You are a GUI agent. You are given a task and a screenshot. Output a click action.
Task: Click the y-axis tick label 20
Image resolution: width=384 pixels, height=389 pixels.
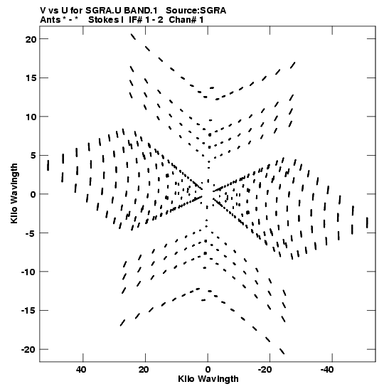31,39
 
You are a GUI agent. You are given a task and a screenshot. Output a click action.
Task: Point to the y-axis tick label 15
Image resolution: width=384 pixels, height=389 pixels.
31,78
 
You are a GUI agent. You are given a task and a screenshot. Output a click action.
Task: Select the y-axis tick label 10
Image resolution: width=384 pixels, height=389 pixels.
31,117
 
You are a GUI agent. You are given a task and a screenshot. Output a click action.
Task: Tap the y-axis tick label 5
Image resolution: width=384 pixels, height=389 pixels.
33,156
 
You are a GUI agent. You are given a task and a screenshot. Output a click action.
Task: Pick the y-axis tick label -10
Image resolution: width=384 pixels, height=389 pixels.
29,272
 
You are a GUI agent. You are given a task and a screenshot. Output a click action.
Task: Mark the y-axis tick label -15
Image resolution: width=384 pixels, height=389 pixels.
29,311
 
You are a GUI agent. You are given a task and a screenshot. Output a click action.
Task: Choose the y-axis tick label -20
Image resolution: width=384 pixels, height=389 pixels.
29,350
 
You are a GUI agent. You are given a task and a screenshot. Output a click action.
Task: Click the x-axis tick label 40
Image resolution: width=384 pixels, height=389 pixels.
81,370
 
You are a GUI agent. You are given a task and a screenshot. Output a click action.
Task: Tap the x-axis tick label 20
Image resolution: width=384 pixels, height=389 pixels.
144,370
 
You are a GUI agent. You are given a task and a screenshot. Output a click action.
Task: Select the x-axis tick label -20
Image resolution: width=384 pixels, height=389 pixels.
265,370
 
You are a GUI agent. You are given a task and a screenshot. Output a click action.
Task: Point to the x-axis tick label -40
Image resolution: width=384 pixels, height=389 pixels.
327,370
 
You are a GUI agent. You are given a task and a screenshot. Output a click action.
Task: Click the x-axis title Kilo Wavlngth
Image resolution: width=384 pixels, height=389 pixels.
208,379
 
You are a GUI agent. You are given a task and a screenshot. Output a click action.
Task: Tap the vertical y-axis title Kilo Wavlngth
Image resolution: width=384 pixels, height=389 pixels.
14,193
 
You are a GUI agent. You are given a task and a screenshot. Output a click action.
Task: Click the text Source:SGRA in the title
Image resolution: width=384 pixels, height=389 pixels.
196,11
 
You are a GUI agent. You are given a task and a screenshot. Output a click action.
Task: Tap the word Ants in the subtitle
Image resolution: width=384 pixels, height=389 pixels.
50,20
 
